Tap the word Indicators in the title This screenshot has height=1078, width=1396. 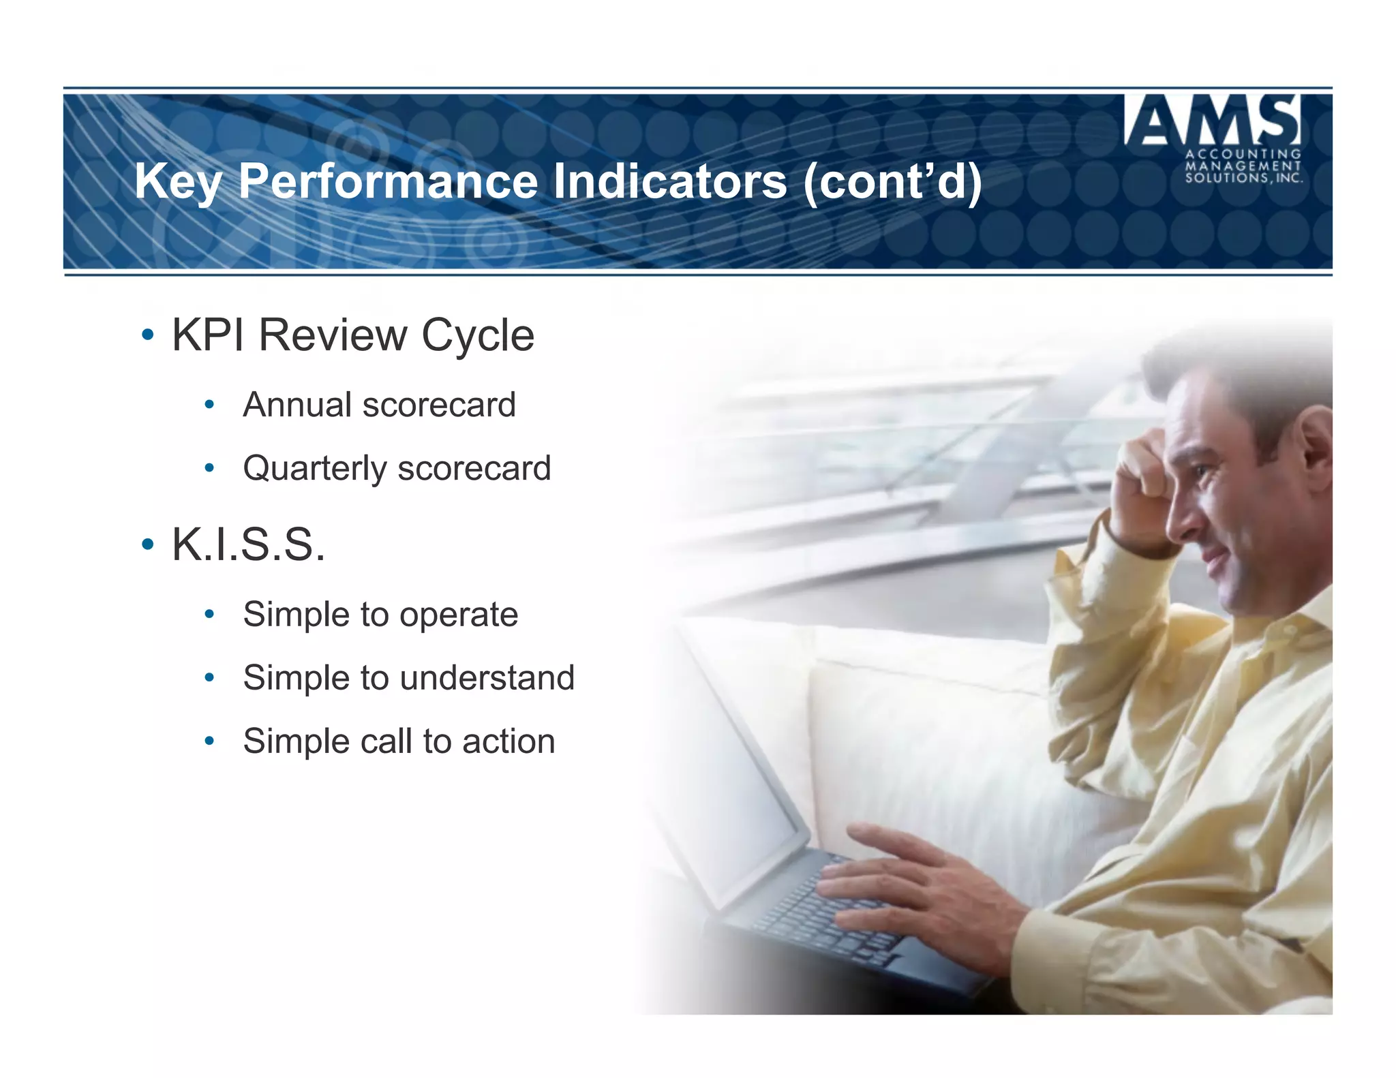[x=669, y=181]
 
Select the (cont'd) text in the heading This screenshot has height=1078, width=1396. [x=892, y=181]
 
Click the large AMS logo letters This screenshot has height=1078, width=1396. [x=1213, y=120]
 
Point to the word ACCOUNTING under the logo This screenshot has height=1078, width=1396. [x=1243, y=154]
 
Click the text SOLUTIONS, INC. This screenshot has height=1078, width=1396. [x=1243, y=179]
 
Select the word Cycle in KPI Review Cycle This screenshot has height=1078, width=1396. [x=477, y=335]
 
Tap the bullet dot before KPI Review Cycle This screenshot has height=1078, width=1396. [x=147, y=335]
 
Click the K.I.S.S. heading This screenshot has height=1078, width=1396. [x=248, y=544]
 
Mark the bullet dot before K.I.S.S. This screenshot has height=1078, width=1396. [x=147, y=544]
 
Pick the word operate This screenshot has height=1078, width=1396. [x=458, y=615]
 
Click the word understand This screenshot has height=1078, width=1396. [x=487, y=678]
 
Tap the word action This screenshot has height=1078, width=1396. [x=509, y=741]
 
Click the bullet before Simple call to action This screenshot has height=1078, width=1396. [x=209, y=741]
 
